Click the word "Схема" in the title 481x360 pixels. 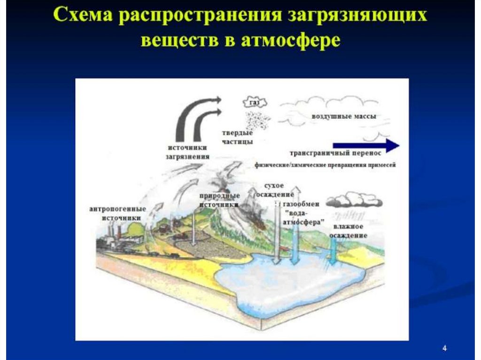[x=82, y=16]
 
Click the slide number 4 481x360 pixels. [x=444, y=348]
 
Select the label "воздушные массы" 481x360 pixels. [x=337, y=116]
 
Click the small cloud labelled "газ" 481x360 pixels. [x=254, y=101]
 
